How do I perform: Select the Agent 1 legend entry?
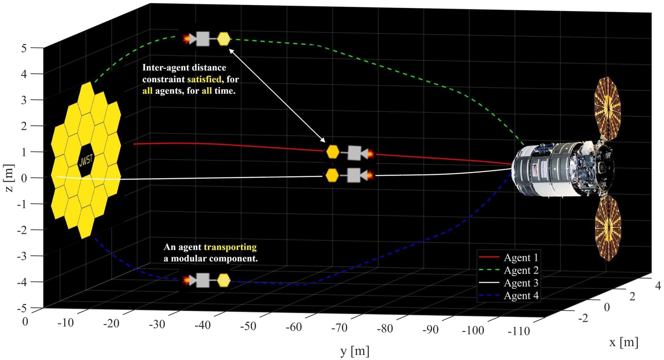pyautogui.click(x=521, y=258)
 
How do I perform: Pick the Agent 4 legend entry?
pyautogui.click(x=521, y=296)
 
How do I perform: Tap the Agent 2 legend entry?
pyautogui.click(x=521, y=270)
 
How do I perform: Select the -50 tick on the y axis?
pyautogui.click(x=248, y=326)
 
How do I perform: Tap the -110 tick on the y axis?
pyautogui.click(x=519, y=331)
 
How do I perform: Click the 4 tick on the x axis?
pyautogui.click(x=658, y=286)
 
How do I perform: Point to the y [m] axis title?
pyautogui.click(x=355, y=351)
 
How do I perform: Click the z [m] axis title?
pyautogui.click(x=9, y=178)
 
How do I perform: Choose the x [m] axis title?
pyautogui.click(x=623, y=342)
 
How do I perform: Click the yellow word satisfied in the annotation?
pyautogui.click(x=204, y=79)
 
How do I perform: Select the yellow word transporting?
pyautogui.click(x=230, y=247)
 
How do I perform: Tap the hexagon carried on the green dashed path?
pyautogui.click(x=224, y=39)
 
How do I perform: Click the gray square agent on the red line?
pyautogui.click(x=354, y=153)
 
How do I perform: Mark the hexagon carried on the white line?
pyautogui.click(x=332, y=175)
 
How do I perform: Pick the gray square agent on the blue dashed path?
pyautogui.click(x=203, y=280)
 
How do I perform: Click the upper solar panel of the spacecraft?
pyautogui.click(x=607, y=108)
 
